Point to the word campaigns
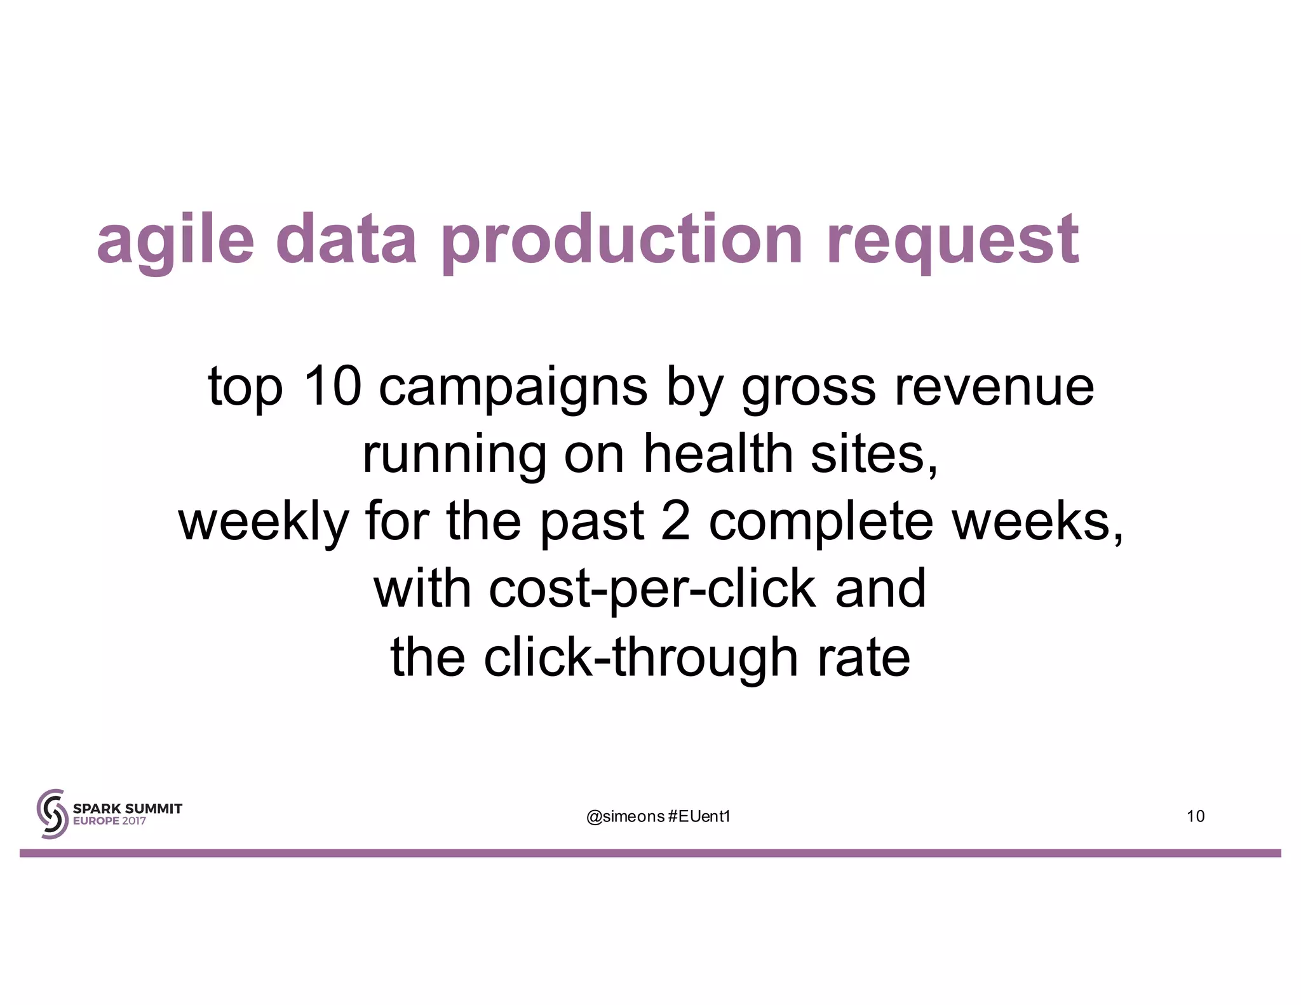pos(513,389)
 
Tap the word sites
pos(874,455)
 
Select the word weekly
pos(264,522)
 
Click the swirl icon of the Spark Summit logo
pos(52,814)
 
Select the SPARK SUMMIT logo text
pos(127,809)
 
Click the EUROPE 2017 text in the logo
pos(109,821)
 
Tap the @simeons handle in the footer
pos(625,816)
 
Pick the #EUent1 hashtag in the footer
pos(699,816)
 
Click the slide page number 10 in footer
pos(1195,816)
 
